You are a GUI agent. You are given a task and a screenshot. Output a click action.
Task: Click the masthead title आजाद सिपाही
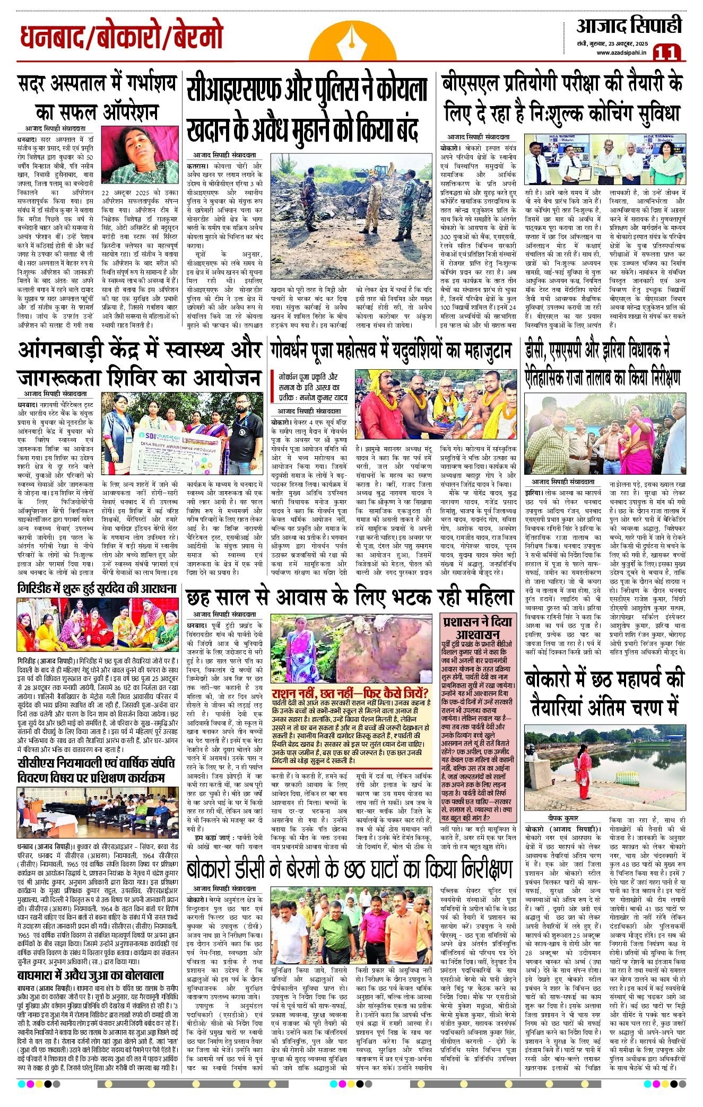pos(629,25)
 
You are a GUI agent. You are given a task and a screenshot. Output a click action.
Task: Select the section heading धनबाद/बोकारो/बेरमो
pos(121,37)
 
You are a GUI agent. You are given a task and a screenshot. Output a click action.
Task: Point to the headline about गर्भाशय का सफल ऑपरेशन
pos(97,98)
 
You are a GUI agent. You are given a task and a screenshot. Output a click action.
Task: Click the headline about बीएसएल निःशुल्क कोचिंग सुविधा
pos(562,99)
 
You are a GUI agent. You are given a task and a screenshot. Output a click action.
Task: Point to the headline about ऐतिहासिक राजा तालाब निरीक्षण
pos(603,364)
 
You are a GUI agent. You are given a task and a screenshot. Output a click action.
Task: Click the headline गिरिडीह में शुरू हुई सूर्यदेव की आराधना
pos(97,589)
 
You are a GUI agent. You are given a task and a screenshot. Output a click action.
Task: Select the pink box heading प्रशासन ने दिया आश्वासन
pos(478,627)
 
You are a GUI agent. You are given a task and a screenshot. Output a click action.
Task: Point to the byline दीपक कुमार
pos(563,818)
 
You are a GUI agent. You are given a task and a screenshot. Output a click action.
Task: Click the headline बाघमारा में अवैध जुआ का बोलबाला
pos(91,975)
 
